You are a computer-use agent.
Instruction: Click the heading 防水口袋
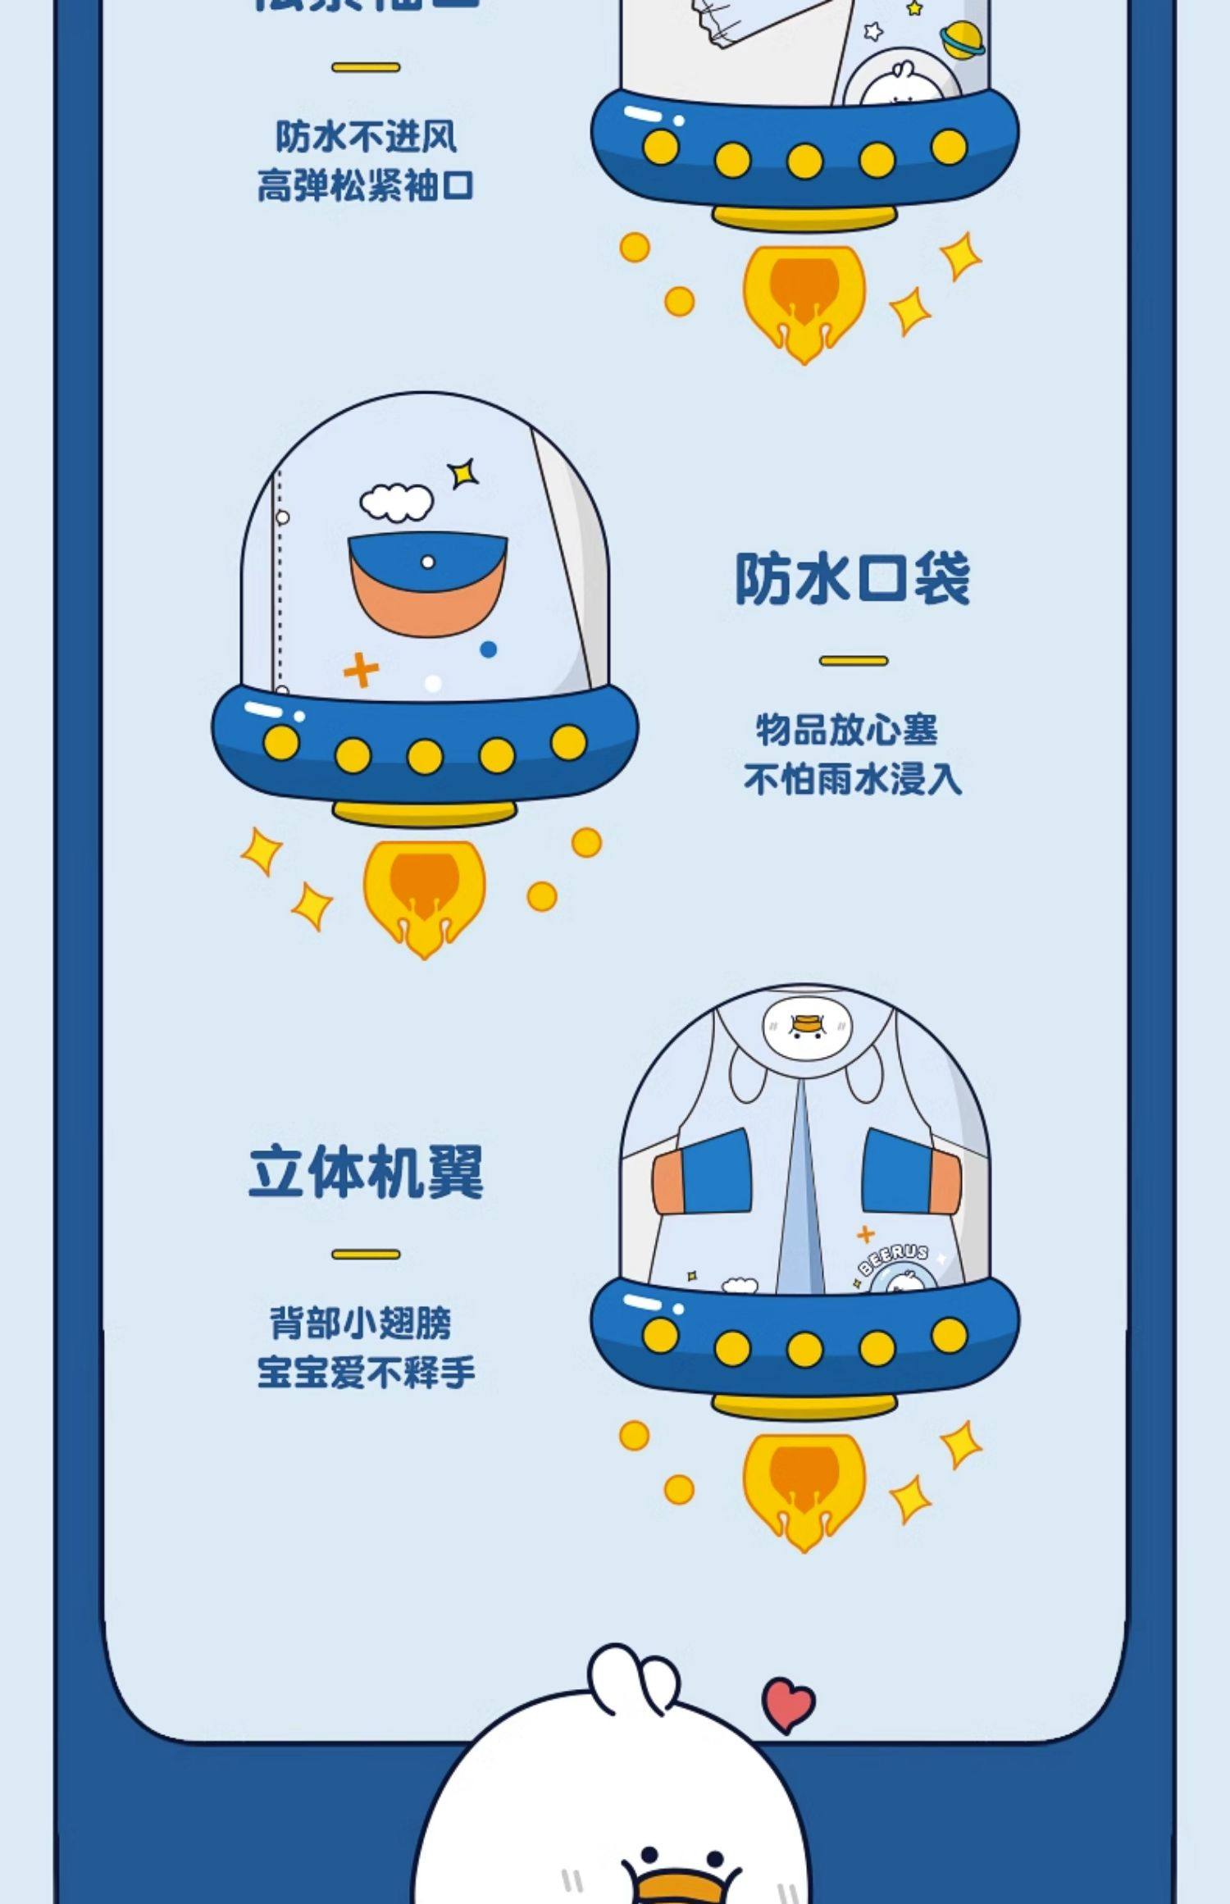(x=852, y=578)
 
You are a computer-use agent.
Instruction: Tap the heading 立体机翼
(x=366, y=1172)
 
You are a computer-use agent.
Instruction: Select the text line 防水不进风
(x=366, y=137)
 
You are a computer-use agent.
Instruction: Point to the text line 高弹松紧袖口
(x=366, y=186)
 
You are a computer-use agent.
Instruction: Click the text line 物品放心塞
(x=846, y=730)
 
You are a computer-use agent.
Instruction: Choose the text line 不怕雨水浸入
(x=853, y=779)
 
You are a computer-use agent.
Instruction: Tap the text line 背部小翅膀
(x=361, y=1323)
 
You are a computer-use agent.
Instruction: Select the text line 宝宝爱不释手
(x=366, y=1372)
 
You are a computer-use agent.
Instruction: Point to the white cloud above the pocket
(x=397, y=502)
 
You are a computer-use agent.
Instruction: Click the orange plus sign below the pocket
(x=361, y=670)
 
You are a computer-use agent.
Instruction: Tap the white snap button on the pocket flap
(x=427, y=563)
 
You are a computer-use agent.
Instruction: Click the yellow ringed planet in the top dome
(x=961, y=39)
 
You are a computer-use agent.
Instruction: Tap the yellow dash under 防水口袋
(x=853, y=660)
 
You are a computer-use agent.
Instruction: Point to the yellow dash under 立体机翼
(x=366, y=1254)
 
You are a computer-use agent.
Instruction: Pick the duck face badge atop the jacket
(x=807, y=1027)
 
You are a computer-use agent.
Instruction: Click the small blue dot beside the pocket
(x=488, y=649)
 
